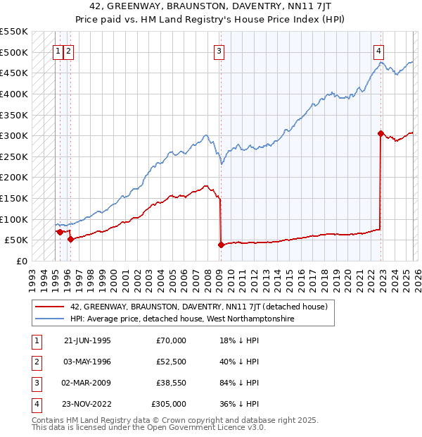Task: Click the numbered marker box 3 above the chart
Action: (x=219, y=51)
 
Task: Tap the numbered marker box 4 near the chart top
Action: (x=378, y=51)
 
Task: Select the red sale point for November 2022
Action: (x=381, y=133)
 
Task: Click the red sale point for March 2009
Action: (x=221, y=245)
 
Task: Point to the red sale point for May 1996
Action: (x=71, y=239)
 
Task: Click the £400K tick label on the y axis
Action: (x=14, y=94)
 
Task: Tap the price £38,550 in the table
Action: (x=171, y=383)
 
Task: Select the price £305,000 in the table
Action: (x=170, y=405)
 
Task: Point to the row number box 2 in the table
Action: (x=35, y=362)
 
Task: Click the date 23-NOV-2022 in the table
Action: (x=87, y=405)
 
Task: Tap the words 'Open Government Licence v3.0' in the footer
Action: (x=207, y=426)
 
